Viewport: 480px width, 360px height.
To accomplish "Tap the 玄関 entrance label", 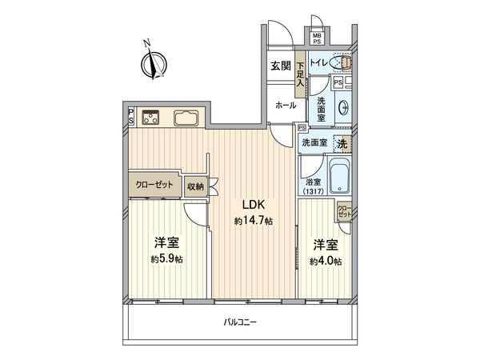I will click(x=280, y=66).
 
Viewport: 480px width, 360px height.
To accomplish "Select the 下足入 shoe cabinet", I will click(x=300, y=74).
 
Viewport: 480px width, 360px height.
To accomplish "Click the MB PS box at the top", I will click(x=318, y=36).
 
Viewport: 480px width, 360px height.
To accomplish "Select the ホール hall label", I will click(x=286, y=105).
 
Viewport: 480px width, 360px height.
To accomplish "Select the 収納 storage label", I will click(x=195, y=186).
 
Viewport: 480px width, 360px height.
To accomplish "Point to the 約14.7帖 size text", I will click(x=253, y=221).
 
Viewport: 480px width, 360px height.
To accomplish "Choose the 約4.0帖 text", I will click(x=326, y=261).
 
